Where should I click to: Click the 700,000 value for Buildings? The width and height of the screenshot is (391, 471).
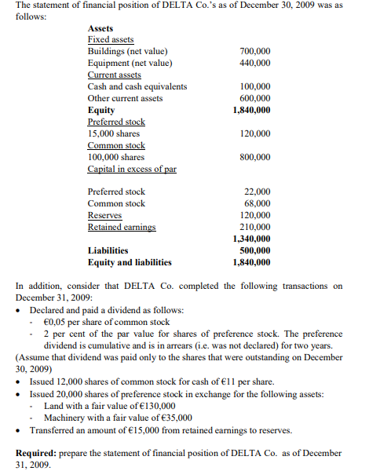point(254,51)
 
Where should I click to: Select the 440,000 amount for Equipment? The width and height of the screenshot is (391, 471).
point(254,63)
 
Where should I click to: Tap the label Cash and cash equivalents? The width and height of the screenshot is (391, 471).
point(137,86)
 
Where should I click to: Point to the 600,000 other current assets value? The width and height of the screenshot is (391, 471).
point(254,98)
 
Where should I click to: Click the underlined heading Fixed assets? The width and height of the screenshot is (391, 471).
point(111,39)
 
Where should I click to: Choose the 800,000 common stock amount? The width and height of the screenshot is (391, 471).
point(254,157)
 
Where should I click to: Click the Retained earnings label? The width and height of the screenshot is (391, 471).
point(122,227)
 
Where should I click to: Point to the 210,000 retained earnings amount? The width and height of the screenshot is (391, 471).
point(254,227)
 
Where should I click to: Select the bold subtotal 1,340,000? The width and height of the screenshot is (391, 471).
point(251,239)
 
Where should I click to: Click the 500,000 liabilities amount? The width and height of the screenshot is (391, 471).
point(254,250)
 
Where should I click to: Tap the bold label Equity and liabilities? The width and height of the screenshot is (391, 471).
point(130,262)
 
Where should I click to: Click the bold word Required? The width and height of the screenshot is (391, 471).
point(38,453)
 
